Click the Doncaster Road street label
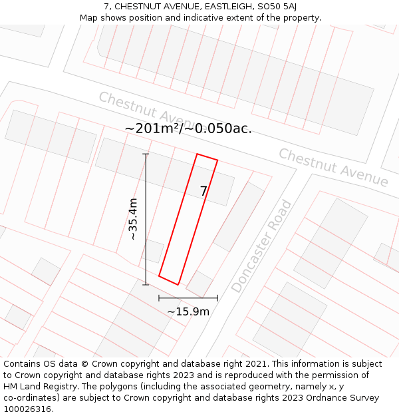pos(261,247)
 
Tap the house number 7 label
pos(204,192)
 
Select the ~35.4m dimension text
pos(133,219)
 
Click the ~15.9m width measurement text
pos(188,312)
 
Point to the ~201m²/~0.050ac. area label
pos(188,128)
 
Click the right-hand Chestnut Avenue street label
pos(333,168)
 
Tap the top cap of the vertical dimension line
pos(146,154)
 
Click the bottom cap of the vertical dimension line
pos(146,285)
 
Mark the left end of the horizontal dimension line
pos(159,298)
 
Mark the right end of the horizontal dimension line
pos(217,298)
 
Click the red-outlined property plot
pos(188,220)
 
